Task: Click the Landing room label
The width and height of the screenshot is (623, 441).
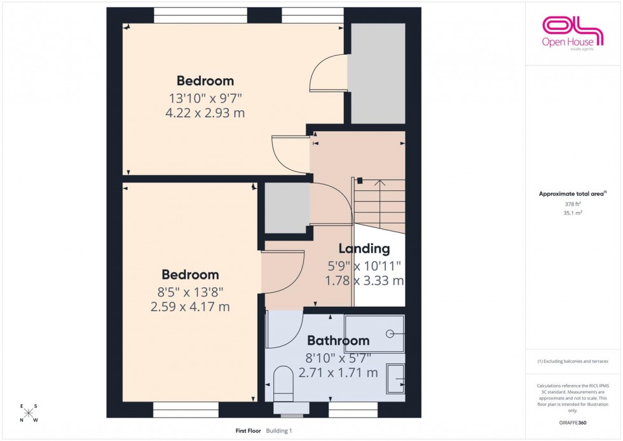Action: click(364, 249)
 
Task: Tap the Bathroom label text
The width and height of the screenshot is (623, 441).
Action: click(338, 341)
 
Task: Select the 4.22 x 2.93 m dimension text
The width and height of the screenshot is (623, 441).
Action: click(205, 113)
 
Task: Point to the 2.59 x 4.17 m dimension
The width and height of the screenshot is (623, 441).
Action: click(190, 307)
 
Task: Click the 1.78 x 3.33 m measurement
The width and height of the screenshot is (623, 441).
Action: click(363, 280)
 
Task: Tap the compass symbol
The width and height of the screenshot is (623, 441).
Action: click(29, 413)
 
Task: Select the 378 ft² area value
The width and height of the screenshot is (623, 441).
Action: click(573, 204)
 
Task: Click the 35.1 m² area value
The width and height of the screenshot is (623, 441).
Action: click(573, 213)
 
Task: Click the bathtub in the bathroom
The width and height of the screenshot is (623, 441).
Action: click(374, 333)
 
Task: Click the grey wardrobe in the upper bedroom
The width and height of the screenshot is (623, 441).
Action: click(376, 73)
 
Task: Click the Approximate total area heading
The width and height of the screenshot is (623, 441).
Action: click(572, 193)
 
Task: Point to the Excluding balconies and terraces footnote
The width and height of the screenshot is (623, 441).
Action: click(573, 361)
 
